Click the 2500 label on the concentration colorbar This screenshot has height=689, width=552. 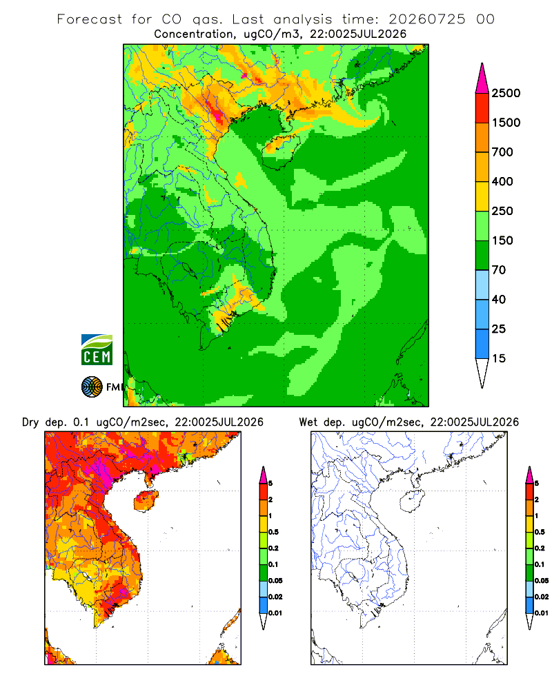pyautogui.click(x=506, y=93)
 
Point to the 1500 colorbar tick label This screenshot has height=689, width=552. pyautogui.click(x=506, y=123)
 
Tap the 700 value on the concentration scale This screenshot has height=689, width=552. pyautogui.click(x=502, y=152)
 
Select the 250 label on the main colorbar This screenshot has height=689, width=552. pyautogui.click(x=502, y=211)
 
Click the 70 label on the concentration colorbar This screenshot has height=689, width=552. pyautogui.click(x=499, y=270)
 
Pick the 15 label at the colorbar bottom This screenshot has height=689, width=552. pyautogui.click(x=499, y=358)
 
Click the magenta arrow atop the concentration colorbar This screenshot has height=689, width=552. pyautogui.click(x=482, y=78)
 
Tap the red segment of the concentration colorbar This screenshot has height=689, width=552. pyautogui.click(x=482, y=108)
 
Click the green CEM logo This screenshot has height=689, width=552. pyautogui.click(x=97, y=350)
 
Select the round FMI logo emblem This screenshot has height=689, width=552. pyautogui.click(x=92, y=387)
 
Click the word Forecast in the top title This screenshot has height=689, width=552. pyautogui.click(x=90, y=19)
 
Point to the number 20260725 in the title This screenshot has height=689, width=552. pyautogui.click(x=427, y=19)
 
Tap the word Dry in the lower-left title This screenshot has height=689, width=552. pyautogui.click(x=30, y=422)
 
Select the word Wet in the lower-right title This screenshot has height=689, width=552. pyautogui.click(x=308, y=422)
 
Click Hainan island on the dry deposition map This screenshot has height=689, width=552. pyautogui.click(x=146, y=502)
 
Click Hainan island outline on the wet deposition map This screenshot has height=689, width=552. pyautogui.click(x=413, y=502)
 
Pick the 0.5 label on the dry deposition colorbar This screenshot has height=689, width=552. pyautogui.click(x=273, y=532)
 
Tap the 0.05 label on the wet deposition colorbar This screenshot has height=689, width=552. pyautogui.click(x=542, y=581)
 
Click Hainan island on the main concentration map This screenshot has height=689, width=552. pyautogui.click(x=281, y=151)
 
